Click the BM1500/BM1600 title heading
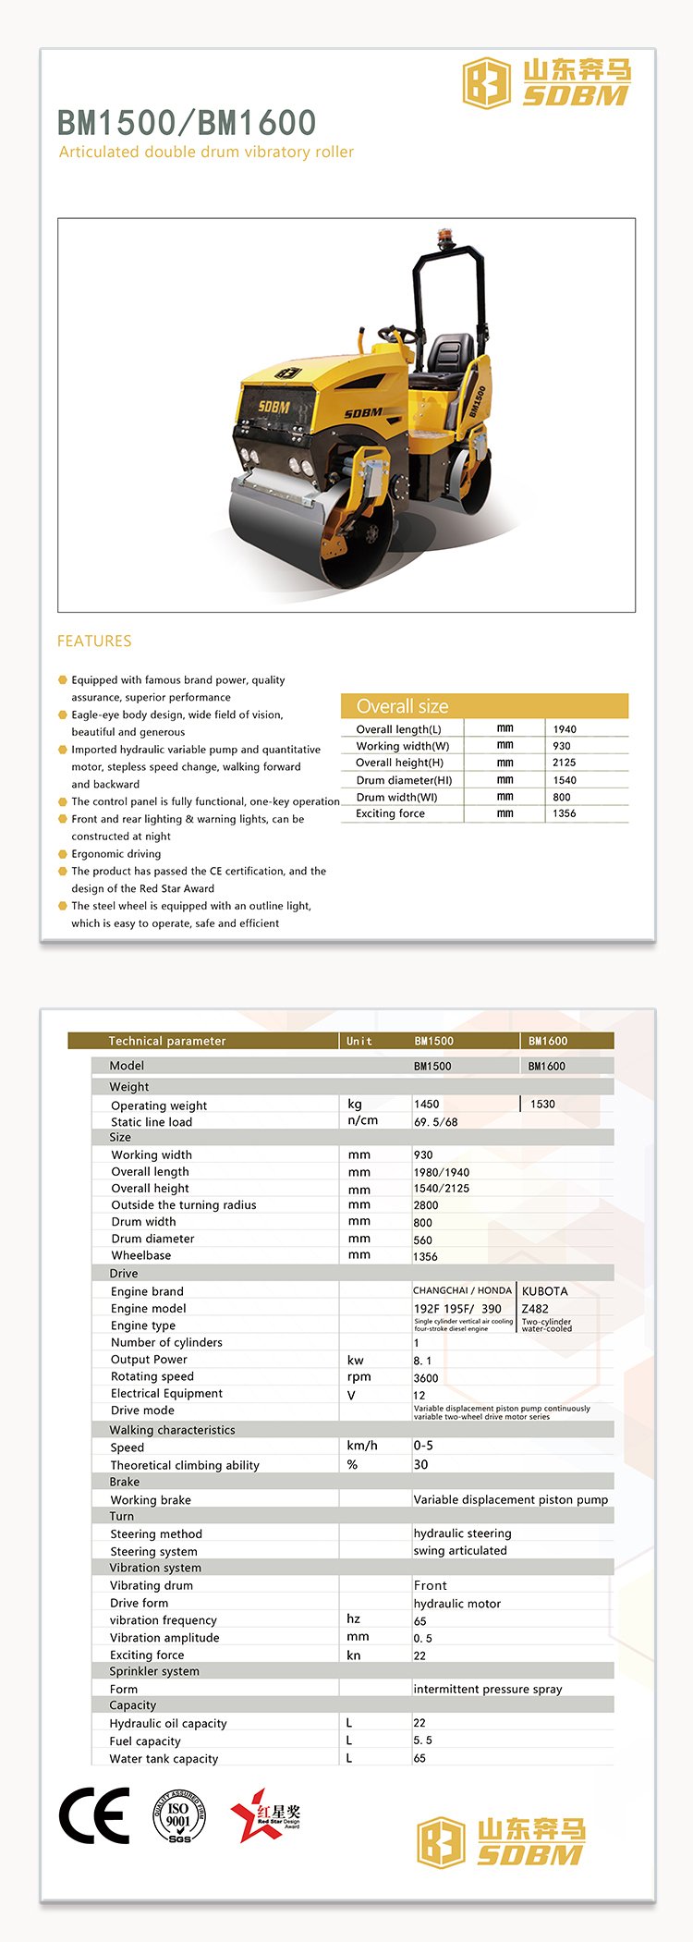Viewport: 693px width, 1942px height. (187, 122)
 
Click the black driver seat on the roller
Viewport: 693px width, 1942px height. (448, 355)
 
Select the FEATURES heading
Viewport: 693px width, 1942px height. (94, 641)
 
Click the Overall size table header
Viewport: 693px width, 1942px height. (403, 706)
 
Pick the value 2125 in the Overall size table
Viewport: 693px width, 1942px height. (564, 763)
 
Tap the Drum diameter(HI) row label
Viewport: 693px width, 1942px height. (404, 780)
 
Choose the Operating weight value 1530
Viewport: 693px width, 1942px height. (542, 1104)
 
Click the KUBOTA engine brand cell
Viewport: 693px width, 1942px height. (545, 1291)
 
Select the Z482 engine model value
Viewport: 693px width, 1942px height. (535, 1309)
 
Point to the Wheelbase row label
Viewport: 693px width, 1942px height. (140, 1255)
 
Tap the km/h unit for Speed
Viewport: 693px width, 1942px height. (362, 1446)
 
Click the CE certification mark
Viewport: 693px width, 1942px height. (94, 1816)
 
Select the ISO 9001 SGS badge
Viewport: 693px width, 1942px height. (178, 1816)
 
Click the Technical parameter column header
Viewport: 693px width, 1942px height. (166, 1041)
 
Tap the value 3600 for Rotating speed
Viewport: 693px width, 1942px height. (426, 1377)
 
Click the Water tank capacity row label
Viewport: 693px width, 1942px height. (164, 1759)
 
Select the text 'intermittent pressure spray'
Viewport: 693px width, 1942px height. (488, 1689)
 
